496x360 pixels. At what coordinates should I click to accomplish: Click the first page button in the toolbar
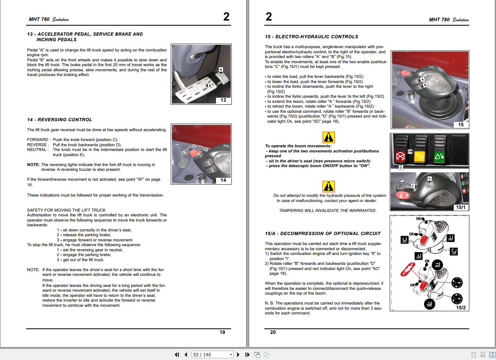pos(177,354)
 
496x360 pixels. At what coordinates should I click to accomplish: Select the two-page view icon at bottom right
pos(483,354)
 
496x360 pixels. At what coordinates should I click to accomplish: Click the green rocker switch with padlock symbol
pos(439,156)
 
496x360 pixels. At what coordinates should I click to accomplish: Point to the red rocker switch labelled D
pos(400,156)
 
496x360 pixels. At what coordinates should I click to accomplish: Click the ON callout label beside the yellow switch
pos(410,151)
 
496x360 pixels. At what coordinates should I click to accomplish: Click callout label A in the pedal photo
pos(221,69)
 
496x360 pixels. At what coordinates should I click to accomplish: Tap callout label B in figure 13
pos(210,86)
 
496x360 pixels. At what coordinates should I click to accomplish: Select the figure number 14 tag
pos(223,180)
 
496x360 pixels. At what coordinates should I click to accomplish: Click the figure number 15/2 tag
pos(460,307)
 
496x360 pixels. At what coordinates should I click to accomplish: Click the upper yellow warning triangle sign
pos(328,137)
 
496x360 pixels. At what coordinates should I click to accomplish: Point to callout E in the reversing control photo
pos(194,146)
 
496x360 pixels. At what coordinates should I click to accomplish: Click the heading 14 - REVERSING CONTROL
pos(60,120)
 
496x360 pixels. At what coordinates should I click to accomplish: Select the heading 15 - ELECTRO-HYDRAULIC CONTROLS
pos(311,37)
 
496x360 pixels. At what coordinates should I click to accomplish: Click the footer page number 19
pos(222,332)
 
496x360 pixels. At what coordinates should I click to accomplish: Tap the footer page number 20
pos(273,332)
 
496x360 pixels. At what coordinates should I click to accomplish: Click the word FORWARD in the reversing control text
pos(37,140)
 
